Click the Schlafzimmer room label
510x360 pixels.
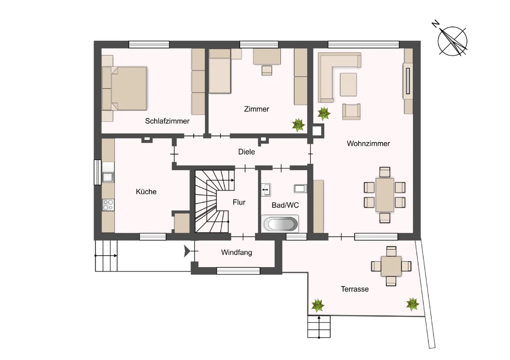(x=167, y=121)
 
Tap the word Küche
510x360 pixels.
(x=146, y=192)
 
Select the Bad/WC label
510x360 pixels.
(x=285, y=205)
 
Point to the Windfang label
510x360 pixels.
(x=237, y=253)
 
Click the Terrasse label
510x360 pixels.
(x=354, y=289)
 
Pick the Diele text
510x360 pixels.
(x=246, y=152)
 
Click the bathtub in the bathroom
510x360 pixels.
(x=280, y=224)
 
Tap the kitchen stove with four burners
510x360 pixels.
(x=108, y=205)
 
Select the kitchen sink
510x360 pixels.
(x=108, y=177)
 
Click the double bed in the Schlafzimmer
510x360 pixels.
(x=124, y=88)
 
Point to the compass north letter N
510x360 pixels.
(x=436, y=24)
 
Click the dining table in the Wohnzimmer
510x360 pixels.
(x=385, y=195)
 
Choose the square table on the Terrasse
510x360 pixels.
(x=391, y=266)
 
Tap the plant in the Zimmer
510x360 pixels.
(x=298, y=125)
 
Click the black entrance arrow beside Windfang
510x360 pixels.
(x=187, y=251)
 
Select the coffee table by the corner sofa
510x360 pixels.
(x=348, y=84)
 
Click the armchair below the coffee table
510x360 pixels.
(x=351, y=112)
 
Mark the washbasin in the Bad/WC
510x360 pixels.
(x=266, y=190)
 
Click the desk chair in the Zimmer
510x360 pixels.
(x=266, y=70)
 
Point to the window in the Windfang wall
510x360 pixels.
(x=238, y=271)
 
